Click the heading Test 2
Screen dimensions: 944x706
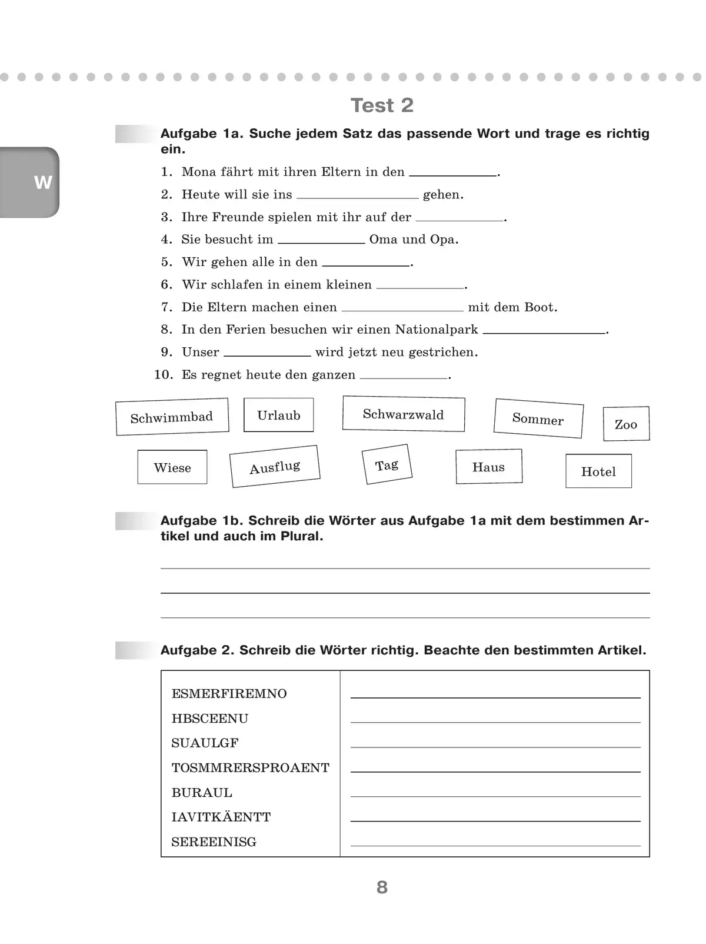[382, 105]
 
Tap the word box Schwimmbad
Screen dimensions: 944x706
[172, 417]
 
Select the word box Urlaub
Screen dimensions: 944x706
[279, 415]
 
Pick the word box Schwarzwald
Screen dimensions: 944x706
[404, 414]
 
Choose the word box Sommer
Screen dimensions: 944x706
[538, 418]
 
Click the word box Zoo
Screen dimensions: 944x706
[626, 424]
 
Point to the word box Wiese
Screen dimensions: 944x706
[172, 467]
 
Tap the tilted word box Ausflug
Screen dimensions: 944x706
[275, 467]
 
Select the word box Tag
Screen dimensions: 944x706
[387, 465]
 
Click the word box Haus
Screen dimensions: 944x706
[489, 467]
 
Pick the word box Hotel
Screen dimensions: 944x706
[598, 471]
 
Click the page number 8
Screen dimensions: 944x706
[382, 887]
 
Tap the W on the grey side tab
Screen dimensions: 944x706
[43, 182]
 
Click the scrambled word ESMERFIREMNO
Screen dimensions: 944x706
[229, 694]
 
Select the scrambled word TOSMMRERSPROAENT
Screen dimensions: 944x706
[250, 768]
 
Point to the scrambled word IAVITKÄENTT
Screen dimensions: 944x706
[221, 817]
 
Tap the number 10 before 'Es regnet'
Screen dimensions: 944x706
[164, 375]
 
